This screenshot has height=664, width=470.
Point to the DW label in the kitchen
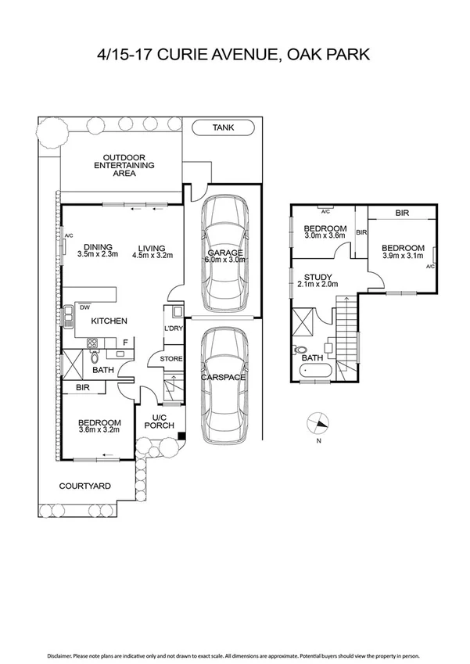click(84, 308)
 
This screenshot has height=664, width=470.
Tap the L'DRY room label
click(174, 328)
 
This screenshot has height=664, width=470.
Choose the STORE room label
click(171, 359)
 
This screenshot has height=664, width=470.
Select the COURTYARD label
click(85, 486)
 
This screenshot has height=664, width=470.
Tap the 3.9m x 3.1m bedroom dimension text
click(404, 256)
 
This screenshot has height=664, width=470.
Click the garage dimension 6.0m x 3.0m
click(224, 259)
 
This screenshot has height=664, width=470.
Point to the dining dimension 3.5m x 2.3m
click(98, 254)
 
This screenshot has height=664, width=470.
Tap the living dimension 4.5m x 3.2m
click(152, 254)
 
